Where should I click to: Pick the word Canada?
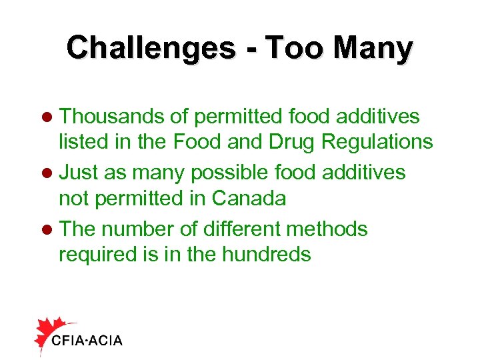coord(249,198)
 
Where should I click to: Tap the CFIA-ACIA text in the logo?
coord(87,341)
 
